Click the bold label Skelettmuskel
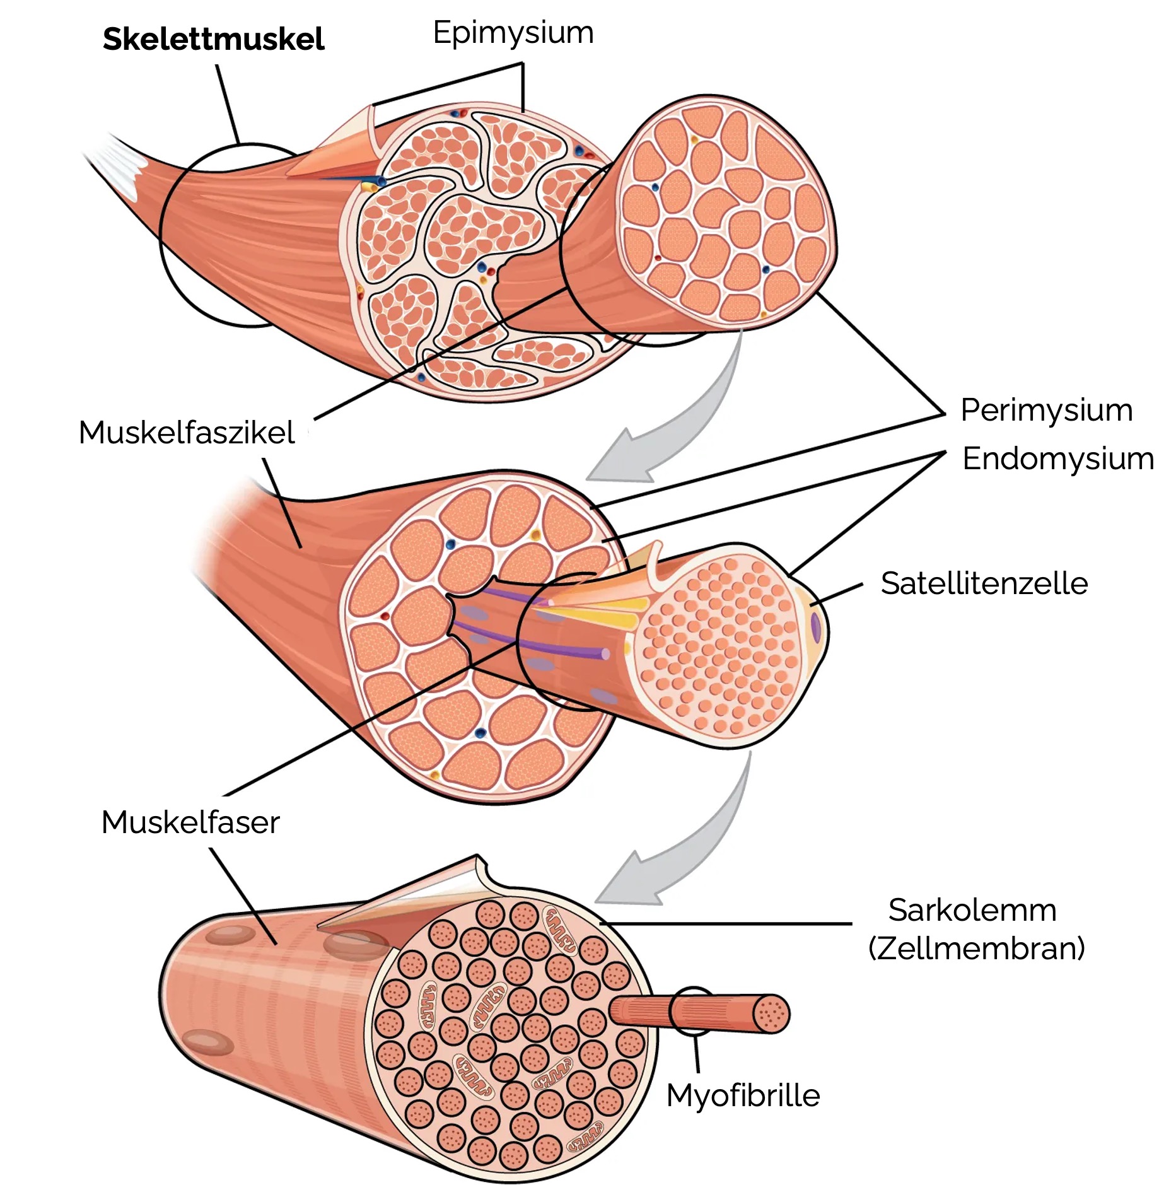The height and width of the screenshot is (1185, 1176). point(213,39)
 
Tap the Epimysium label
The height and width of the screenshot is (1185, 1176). point(513,33)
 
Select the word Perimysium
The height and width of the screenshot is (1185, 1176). point(1046,411)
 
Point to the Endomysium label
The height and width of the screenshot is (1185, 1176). point(1057,458)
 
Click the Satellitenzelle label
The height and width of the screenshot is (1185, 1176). point(984,583)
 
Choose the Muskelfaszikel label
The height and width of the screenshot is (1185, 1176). point(187,433)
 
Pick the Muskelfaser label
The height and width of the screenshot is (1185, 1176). point(190,822)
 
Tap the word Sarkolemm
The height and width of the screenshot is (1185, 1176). point(972,910)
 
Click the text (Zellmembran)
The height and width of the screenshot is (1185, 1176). point(976,948)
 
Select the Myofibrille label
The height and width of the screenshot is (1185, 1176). point(743,1095)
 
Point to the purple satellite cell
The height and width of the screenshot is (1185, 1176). point(815,627)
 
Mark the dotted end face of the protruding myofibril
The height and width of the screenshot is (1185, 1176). point(771,1014)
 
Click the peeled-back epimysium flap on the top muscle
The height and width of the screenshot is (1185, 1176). point(341,148)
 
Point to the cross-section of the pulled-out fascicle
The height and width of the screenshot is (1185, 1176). point(725,214)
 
